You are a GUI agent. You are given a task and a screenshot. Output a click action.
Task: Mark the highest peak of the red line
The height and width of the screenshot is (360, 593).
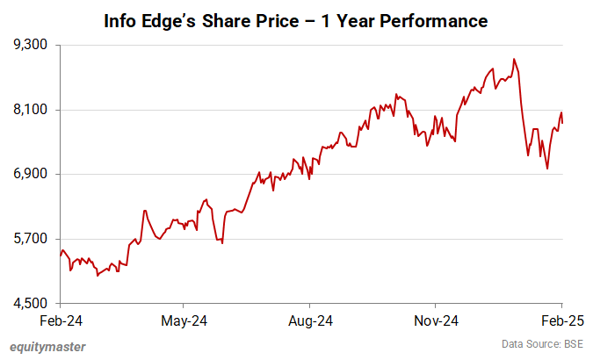tap(514, 60)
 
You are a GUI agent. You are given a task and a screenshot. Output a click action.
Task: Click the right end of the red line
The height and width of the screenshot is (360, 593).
tap(562, 123)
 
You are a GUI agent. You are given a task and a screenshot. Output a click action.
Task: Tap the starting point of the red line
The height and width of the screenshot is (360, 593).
tap(60, 256)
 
